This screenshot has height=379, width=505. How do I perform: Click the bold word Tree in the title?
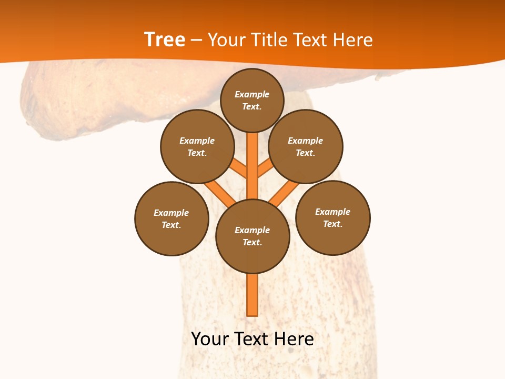click(x=165, y=40)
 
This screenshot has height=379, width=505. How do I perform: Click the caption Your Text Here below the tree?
click(x=252, y=339)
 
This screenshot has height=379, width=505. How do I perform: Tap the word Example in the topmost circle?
click(x=252, y=94)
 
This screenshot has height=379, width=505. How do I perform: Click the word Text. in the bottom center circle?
click(x=252, y=243)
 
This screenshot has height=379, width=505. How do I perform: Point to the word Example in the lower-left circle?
click(x=171, y=213)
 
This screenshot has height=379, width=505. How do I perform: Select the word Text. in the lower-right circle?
click(x=333, y=224)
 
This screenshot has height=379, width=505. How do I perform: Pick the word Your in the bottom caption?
click(x=210, y=339)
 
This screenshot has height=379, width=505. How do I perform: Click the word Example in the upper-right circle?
click(x=306, y=141)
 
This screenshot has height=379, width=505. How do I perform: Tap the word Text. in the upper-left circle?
click(x=197, y=153)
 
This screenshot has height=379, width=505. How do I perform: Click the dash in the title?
click(x=196, y=41)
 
